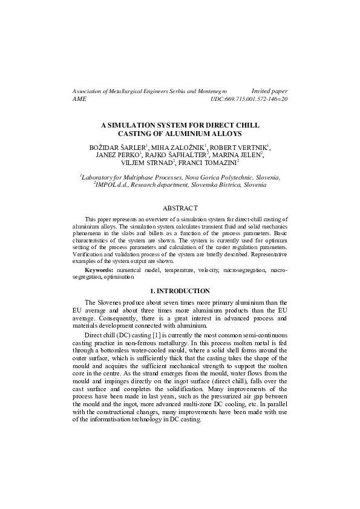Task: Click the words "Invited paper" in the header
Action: coord(269,90)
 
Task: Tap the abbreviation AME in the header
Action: coord(79,98)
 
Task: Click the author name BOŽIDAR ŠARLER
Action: coord(117,147)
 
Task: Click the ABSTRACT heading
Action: coord(180,208)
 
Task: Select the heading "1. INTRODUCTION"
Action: coord(180,291)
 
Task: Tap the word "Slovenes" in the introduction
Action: coord(111,302)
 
